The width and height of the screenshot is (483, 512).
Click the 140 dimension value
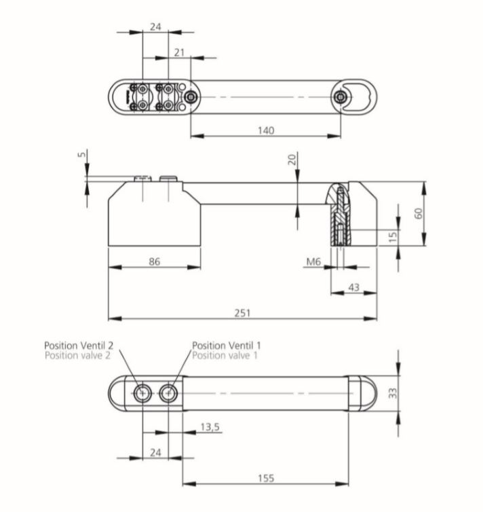pyautogui.click(x=266, y=130)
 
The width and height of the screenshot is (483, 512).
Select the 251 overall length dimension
pyautogui.click(x=242, y=312)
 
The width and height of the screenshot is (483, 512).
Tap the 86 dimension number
pyautogui.click(x=154, y=261)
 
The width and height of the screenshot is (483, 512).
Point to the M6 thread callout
pyautogui.click(x=313, y=261)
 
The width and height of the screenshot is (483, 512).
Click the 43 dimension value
pyautogui.click(x=353, y=287)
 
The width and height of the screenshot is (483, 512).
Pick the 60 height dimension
pyautogui.click(x=419, y=213)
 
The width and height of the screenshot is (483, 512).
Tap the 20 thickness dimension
pyautogui.click(x=292, y=160)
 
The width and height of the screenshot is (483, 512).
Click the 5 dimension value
pyautogui.click(x=82, y=155)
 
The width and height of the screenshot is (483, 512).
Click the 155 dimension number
pyautogui.click(x=266, y=478)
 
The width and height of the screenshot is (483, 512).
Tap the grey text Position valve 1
pyautogui.click(x=225, y=355)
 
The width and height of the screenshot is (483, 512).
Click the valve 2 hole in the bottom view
pyautogui.click(x=143, y=392)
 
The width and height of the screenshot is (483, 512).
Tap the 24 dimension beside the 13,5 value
pyautogui.click(x=155, y=452)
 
